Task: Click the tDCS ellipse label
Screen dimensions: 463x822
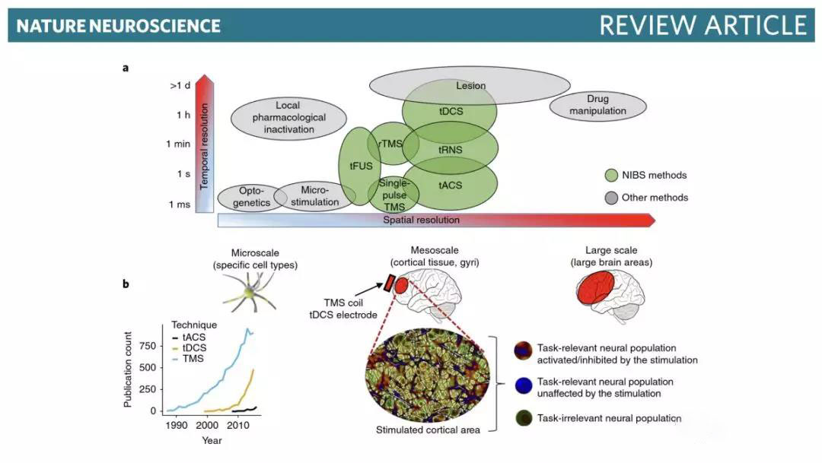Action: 451,110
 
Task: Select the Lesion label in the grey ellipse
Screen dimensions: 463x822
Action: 470,86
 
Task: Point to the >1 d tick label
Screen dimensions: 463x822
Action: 179,85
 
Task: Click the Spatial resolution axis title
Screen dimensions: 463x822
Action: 421,220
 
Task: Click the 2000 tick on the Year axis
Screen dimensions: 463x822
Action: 206,426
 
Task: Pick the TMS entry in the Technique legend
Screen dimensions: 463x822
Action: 193,358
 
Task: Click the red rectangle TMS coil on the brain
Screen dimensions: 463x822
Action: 388,284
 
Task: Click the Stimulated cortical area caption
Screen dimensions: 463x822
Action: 429,430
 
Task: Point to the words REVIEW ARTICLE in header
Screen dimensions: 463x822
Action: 703,25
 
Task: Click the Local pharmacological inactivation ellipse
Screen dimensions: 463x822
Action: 288,118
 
